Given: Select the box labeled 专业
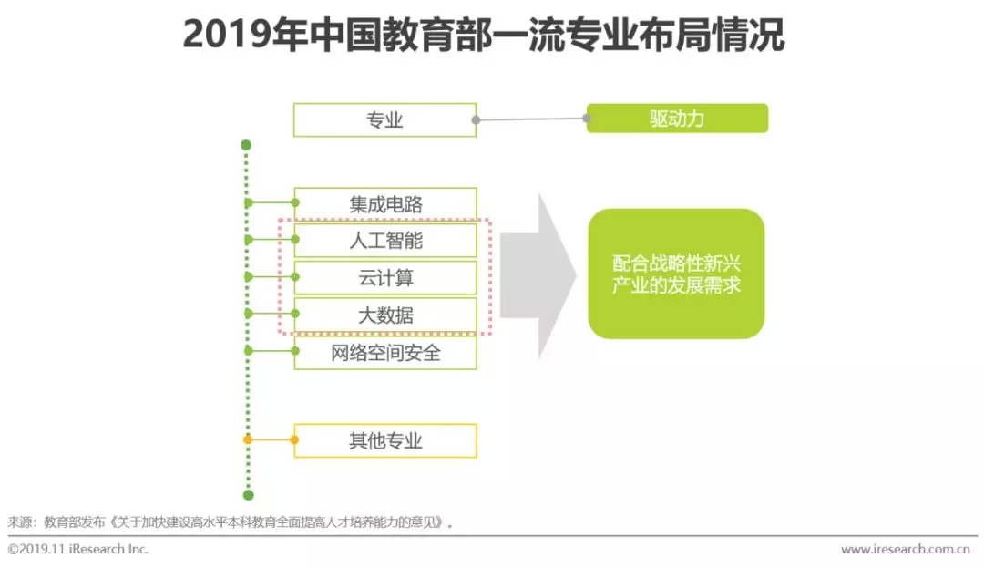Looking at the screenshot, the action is (x=384, y=119).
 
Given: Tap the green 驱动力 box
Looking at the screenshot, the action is (x=677, y=119).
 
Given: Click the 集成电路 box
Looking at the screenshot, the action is (x=385, y=203).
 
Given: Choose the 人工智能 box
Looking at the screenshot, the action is (x=385, y=241).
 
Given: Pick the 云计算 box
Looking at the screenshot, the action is (x=385, y=278).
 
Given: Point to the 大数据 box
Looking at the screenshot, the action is (x=385, y=315).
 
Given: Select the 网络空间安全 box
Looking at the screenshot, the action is (x=385, y=353).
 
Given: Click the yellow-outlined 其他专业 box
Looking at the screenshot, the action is (x=385, y=441).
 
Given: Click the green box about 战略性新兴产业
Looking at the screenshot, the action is (x=676, y=274).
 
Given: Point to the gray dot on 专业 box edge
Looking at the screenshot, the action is (x=476, y=119).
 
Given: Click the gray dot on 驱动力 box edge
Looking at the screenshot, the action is (x=588, y=118).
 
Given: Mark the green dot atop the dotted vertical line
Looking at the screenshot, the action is (x=246, y=145).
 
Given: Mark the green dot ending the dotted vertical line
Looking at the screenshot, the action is (x=248, y=495).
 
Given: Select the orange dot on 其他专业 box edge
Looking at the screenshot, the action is (x=294, y=440).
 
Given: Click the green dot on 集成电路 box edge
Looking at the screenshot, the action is (x=294, y=202).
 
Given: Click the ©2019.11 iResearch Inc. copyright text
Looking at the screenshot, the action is (x=78, y=550).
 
